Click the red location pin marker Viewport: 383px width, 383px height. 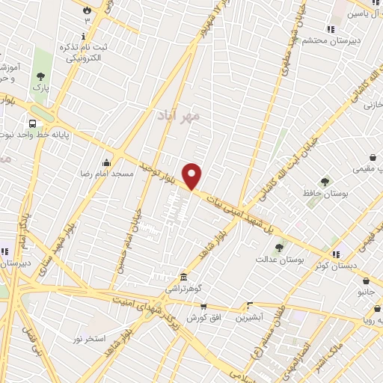(193, 176)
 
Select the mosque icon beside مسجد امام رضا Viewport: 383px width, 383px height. (107, 162)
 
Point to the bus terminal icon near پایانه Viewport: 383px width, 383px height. (32, 123)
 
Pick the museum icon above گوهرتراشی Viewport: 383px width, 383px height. (184, 277)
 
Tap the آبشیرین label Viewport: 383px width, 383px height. (250, 317)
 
